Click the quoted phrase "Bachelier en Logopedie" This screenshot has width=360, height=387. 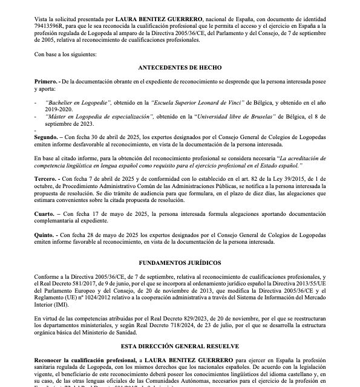point(79,104)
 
